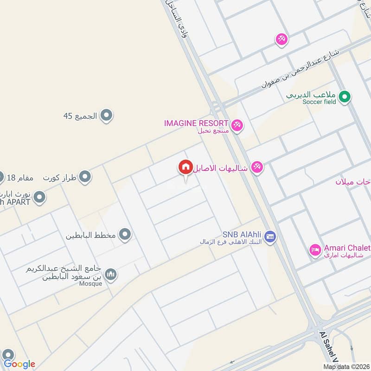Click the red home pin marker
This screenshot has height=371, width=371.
(185, 167)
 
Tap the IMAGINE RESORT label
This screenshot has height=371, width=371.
(196, 123)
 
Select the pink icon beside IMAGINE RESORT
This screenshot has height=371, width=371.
(237, 125)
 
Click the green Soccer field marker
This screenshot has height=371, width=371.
(344, 97)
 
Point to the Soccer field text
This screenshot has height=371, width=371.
(320, 102)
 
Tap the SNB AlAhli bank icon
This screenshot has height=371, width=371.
(272, 236)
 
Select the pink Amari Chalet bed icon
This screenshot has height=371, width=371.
(315, 250)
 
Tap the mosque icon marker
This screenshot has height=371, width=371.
(110, 275)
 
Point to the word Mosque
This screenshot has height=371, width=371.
(90, 284)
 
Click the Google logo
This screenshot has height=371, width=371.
(19, 364)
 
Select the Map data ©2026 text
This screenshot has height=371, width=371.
(346, 367)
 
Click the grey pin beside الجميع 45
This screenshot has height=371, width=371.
(107, 115)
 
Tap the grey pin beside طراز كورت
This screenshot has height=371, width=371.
(84, 177)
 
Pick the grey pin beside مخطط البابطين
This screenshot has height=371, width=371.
(124, 235)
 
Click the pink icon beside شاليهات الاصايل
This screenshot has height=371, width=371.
(256, 167)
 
